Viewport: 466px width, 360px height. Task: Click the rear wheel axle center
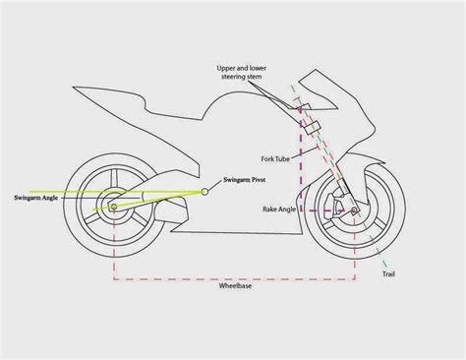[117, 208]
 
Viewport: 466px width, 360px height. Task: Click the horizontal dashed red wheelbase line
[236, 279]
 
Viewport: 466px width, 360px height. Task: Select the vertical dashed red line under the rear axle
[117, 246]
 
